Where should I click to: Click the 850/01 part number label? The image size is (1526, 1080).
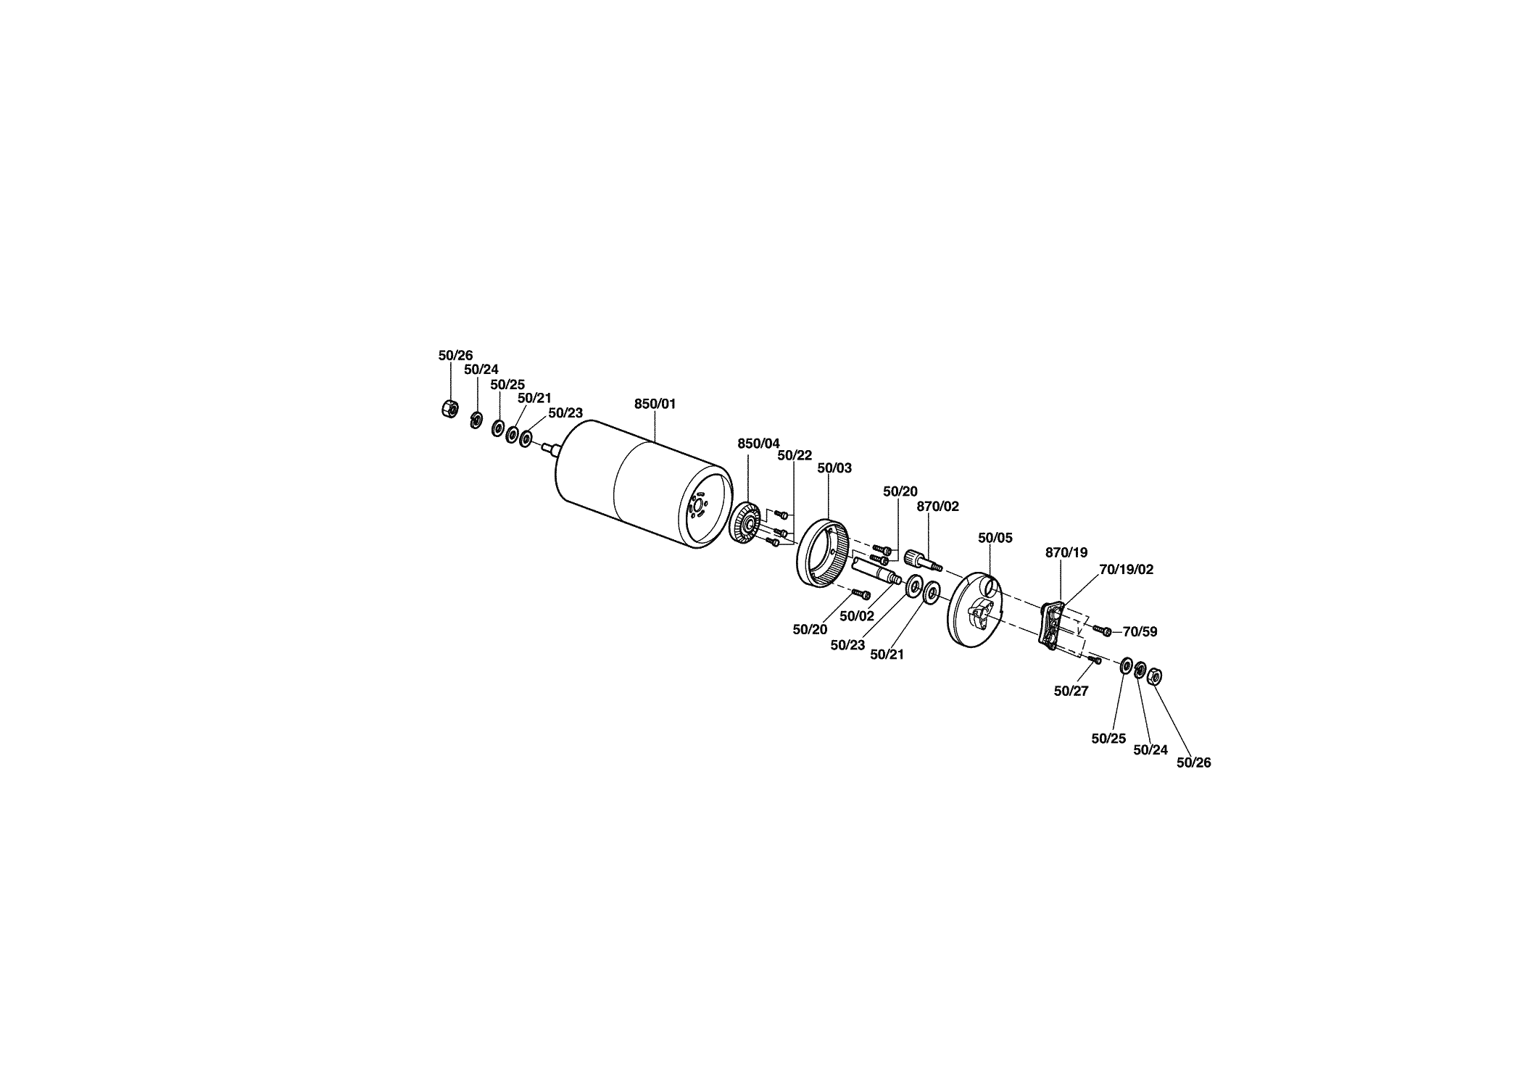tap(655, 404)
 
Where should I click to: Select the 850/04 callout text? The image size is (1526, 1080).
tap(758, 444)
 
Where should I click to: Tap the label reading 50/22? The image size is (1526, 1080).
tap(795, 455)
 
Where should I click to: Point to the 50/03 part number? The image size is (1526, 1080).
tap(834, 468)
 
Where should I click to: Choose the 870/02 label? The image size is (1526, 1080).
tap(938, 507)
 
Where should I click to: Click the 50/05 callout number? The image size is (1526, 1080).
tap(995, 538)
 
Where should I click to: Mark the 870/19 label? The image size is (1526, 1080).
tap(1066, 553)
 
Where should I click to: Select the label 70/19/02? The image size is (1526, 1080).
tap(1126, 570)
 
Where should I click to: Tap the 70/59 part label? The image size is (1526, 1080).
tap(1140, 632)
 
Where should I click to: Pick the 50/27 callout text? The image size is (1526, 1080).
tap(1071, 691)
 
